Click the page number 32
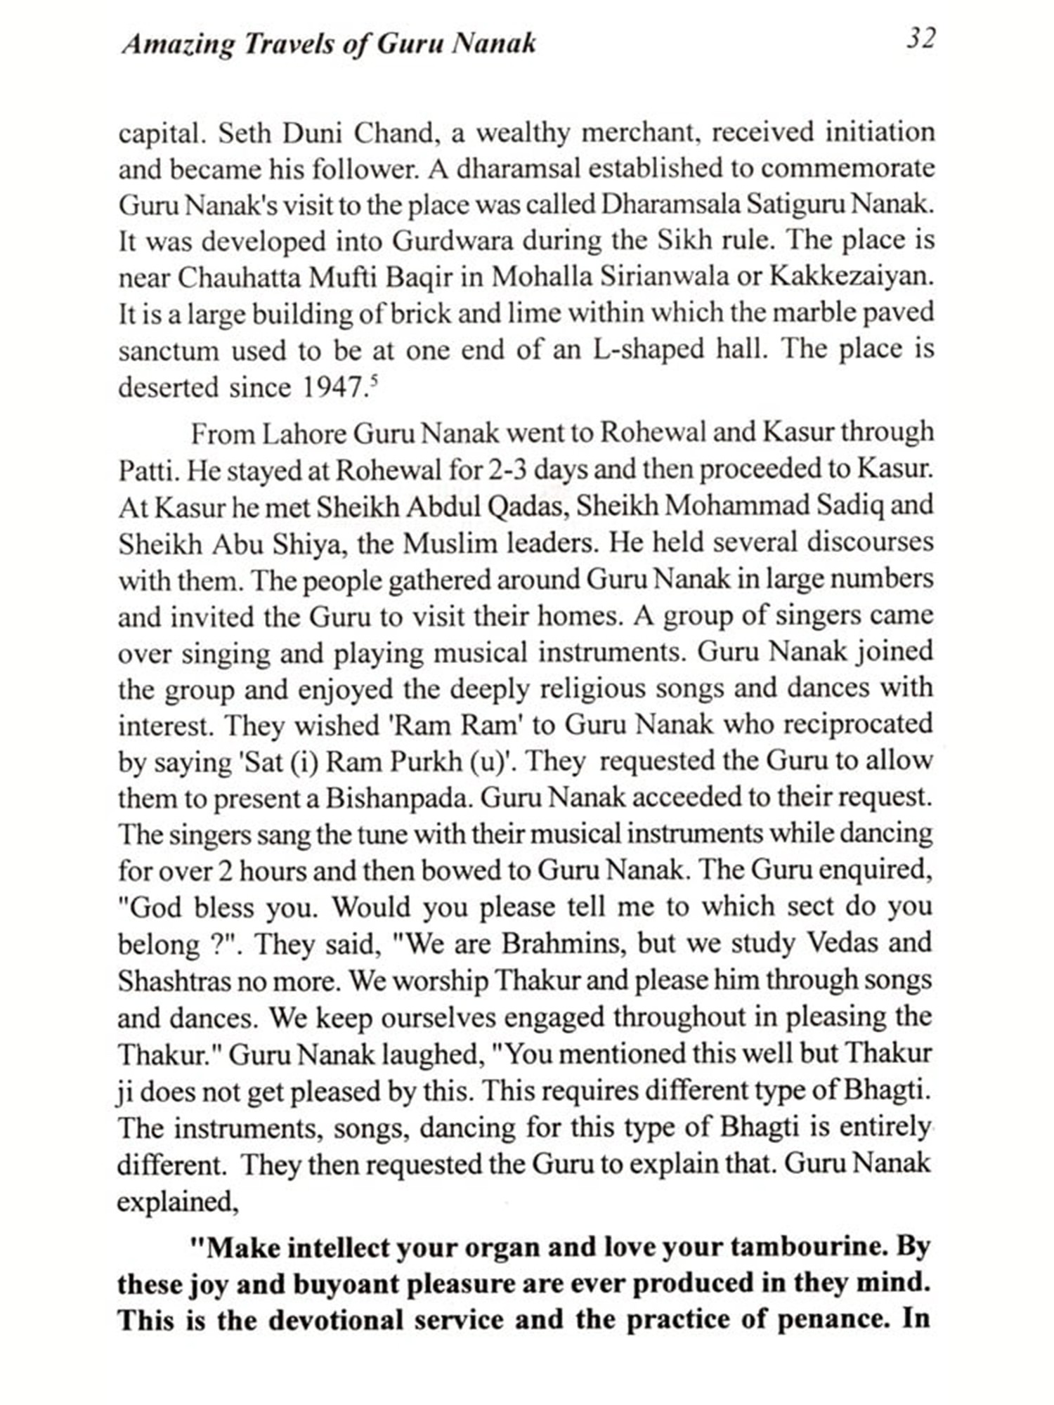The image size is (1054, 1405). (920, 39)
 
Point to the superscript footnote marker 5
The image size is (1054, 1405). (373, 380)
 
